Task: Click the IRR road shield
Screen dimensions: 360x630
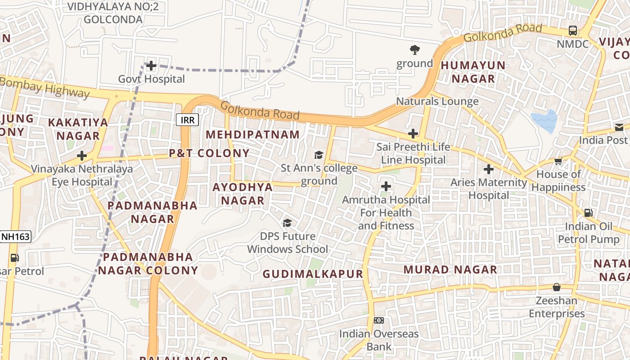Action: pos(187,120)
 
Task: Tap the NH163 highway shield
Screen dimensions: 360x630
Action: pos(16,237)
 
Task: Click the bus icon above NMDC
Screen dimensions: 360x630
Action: pos(572,31)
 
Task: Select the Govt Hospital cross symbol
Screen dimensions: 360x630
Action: pos(151,66)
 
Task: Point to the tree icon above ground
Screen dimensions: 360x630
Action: pos(414,50)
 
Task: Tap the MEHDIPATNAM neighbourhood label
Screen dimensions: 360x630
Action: pos(252,135)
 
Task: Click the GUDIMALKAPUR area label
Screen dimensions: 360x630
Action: pos(313,274)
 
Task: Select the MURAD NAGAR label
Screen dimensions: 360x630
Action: pos(450,270)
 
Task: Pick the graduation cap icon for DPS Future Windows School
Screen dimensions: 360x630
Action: pos(287,223)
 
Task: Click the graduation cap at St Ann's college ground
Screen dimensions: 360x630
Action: pos(319,155)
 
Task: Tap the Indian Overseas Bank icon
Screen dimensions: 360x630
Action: pos(378,320)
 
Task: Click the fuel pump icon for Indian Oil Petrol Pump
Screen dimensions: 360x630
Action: pos(588,213)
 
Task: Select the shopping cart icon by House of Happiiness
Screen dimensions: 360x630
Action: pos(558,161)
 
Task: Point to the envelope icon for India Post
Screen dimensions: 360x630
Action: pos(619,127)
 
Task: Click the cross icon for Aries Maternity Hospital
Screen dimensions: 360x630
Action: pos(488,170)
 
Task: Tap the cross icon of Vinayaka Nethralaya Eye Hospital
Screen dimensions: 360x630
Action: pos(81,156)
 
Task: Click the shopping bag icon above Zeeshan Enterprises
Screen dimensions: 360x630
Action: pos(557,287)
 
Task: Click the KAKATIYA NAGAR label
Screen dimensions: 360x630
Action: pos(78,129)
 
